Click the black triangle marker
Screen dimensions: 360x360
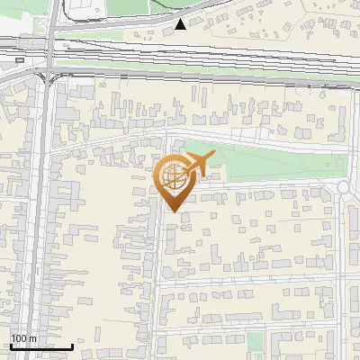point(181,24)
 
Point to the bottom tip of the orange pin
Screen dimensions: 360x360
point(172,211)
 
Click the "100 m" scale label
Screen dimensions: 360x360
point(23,338)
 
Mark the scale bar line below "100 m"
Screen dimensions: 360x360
point(41,346)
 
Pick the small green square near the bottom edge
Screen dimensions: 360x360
point(256,341)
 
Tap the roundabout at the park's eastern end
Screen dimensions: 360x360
point(345,186)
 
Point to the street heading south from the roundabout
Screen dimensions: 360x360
point(343,270)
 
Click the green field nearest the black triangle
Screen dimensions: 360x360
point(117,36)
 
